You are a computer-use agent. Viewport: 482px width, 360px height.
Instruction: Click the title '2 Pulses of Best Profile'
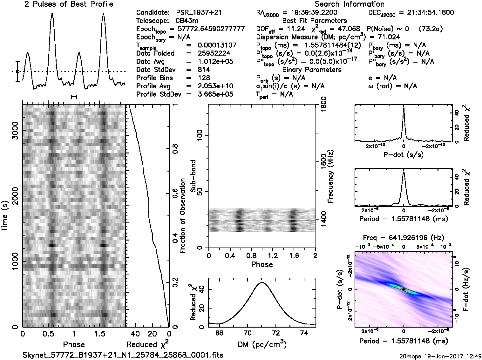point(69,4)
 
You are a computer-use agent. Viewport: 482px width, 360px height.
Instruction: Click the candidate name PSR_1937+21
point(199,13)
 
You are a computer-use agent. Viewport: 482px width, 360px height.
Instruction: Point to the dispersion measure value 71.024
point(390,37)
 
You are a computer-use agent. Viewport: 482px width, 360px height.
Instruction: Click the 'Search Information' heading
point(350,4)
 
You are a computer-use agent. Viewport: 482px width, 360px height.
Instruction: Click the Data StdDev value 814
point(204,70)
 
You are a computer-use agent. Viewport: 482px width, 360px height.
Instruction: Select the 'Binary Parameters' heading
point(312,70)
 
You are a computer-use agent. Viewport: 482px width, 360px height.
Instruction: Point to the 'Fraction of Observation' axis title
point(183,216)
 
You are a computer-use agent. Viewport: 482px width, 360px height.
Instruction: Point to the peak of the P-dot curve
point(404,108)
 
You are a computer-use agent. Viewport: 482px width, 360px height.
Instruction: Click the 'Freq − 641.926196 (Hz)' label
point(403,238)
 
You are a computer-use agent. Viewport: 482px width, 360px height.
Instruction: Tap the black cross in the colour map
point(404,289)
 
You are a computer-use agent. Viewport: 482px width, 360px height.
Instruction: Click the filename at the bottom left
point(123,355)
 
